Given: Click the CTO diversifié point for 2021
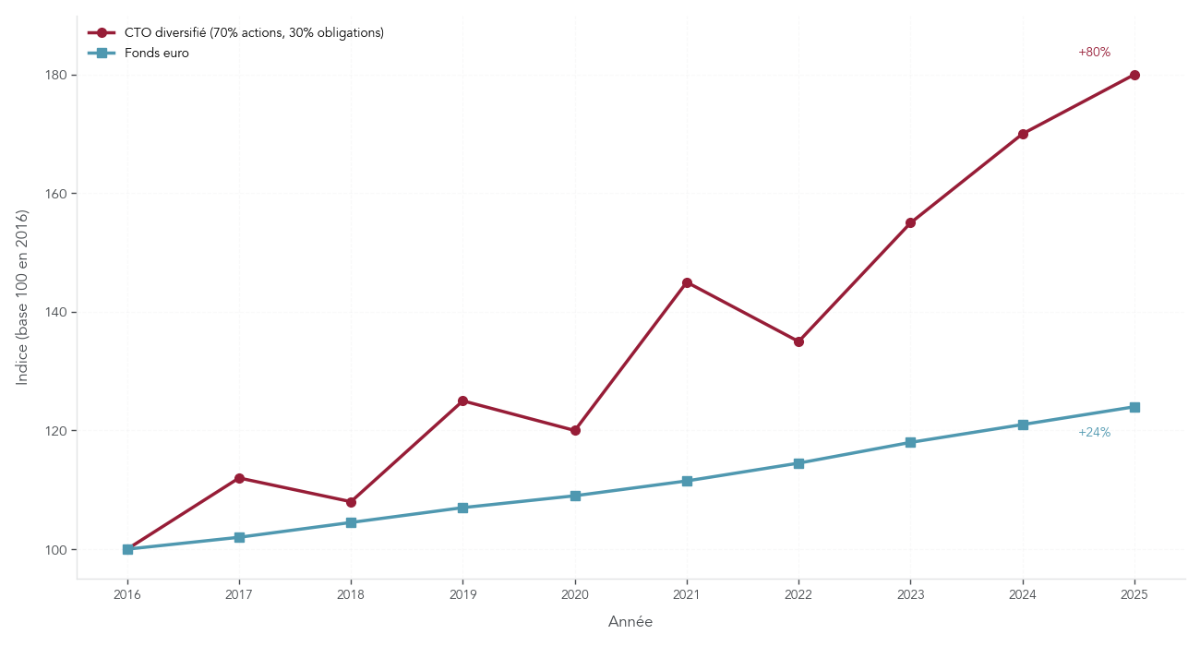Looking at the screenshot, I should [687, 282].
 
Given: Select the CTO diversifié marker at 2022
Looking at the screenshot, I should [798, 341].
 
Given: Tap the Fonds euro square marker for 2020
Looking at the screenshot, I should [575, 496].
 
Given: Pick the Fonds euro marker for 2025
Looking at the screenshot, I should [1134, 407].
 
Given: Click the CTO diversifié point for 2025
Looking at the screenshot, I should [1134, 75].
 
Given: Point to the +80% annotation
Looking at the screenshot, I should [1094, 53].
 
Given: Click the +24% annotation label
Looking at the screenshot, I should [1094, 433].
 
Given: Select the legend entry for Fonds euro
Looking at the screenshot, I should [156, 53].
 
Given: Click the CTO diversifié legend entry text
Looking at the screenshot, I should [254, 32].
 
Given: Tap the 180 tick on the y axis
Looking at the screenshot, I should [56, 75].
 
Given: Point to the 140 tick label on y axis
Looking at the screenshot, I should [56, 312].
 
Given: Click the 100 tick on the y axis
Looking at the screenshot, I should [56, 549].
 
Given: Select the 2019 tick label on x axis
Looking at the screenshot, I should [462, 594].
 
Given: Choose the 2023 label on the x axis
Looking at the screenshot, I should [910, 594].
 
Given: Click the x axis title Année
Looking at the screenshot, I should [630, 622].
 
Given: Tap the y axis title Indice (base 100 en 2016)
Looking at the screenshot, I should [23, 297].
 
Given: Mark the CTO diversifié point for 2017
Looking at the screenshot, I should [239, 478].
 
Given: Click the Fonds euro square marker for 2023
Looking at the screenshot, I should [910, 442].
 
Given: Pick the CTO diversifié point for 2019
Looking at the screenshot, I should [462, 401].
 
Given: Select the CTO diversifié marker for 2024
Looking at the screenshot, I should [1023, 134].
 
